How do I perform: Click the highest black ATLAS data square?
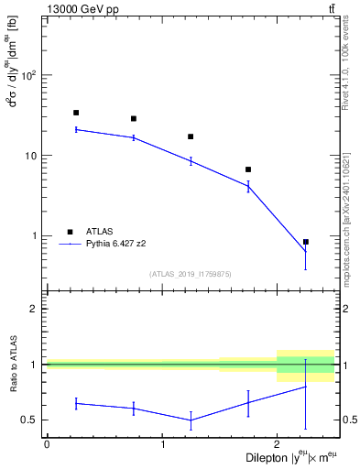click(76, 113)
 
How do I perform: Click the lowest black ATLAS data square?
click(305, 242)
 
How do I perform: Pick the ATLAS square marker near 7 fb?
click(248, 169)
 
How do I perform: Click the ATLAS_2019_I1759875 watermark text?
click(191, 273)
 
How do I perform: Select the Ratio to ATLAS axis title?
click(13, 365)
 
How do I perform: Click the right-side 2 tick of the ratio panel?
click(345, 310)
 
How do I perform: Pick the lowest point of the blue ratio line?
click(191, 420)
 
